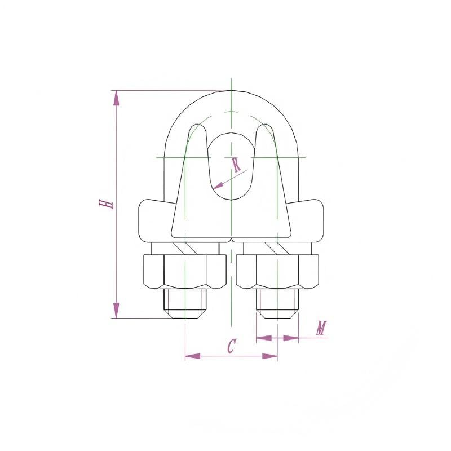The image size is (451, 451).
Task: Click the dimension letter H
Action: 106,204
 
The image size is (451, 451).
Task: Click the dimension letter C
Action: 231,346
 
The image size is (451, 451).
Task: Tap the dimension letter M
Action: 321,328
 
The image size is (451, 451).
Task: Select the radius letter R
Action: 236,165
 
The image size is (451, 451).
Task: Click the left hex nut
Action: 185,272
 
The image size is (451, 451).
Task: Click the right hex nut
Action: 277,272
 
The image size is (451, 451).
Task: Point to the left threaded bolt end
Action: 185,303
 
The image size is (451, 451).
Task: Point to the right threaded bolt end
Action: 277,303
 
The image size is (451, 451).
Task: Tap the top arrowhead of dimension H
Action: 116,98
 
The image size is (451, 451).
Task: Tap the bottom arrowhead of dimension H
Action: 116,311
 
